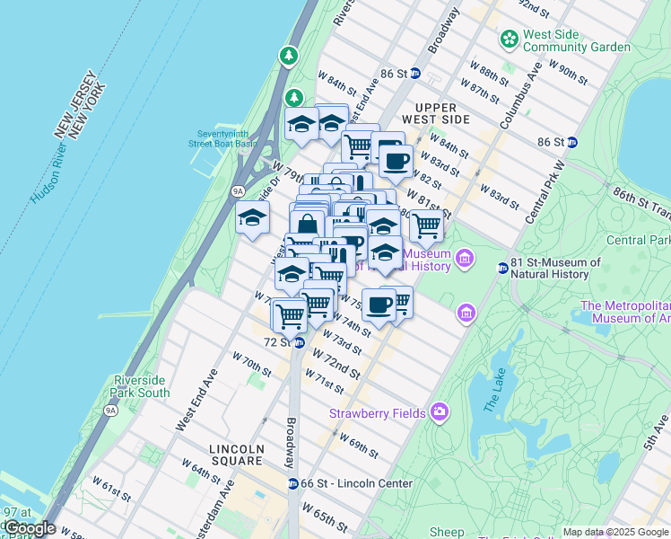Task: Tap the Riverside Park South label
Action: [141, 386]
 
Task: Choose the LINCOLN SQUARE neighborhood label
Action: [236, 449]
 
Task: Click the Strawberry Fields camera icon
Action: [439, 412]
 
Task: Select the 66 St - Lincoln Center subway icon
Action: [292, 483]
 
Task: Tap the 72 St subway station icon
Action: [300, 342]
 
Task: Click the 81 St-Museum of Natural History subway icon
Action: [502, 268]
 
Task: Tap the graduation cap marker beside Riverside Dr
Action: [253, 217]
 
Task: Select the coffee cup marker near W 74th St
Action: [379, 305]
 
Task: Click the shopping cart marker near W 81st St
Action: [426, 225]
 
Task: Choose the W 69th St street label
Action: [359, 445]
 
